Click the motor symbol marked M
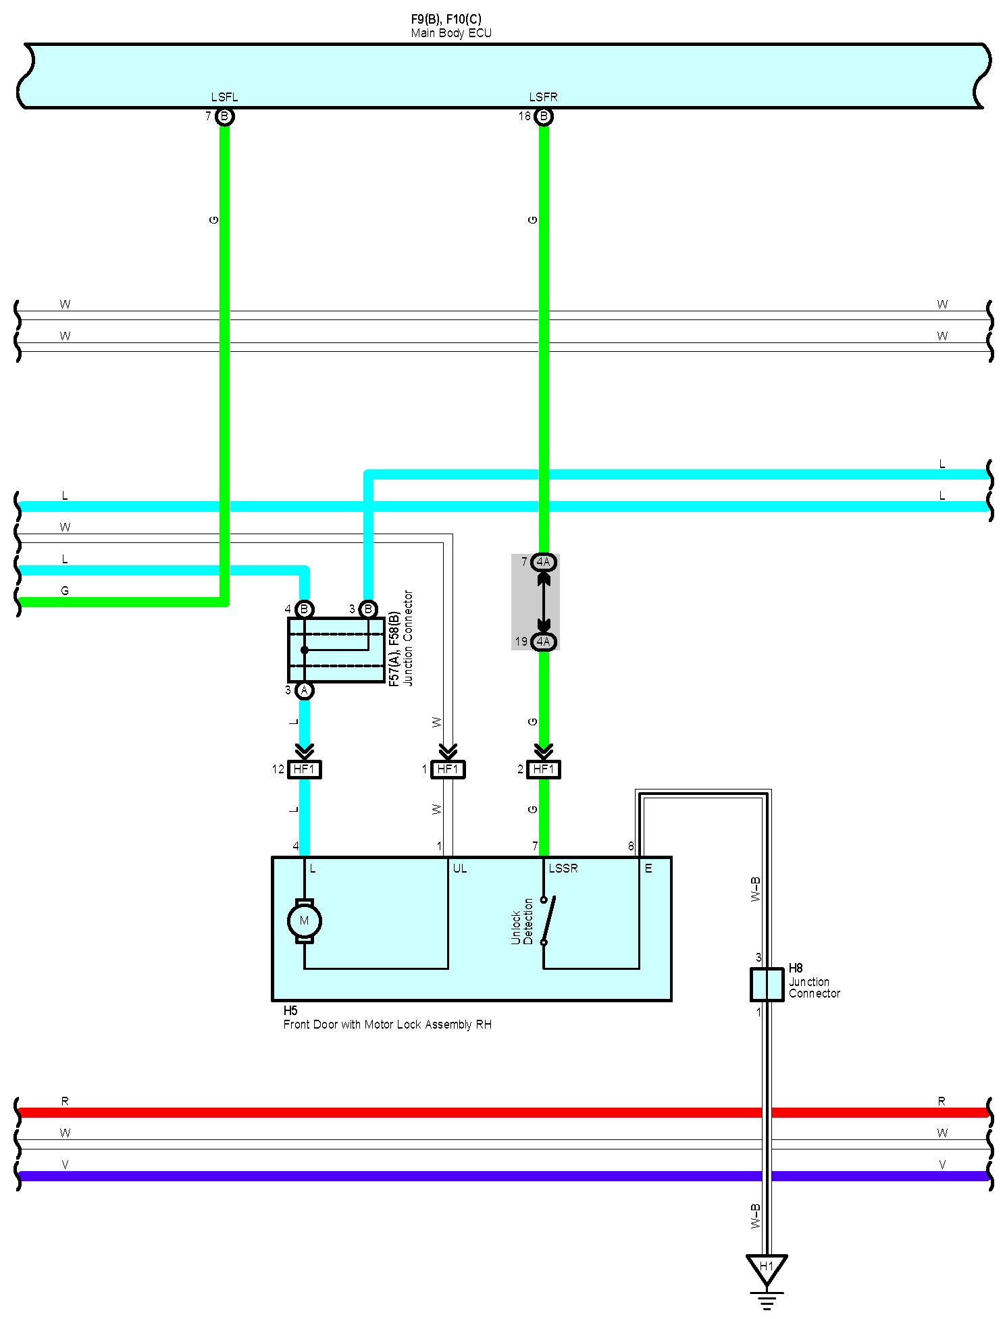pos(304,921)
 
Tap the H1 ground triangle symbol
pos(766,1268)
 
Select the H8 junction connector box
pos(767,984)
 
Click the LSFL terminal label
pos(224,97)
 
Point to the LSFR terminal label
pos(543,97)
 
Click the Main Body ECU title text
pos(451,33)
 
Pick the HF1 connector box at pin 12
pos(304,769)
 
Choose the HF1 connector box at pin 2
pos(543,769)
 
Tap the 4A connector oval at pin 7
pos(543,562)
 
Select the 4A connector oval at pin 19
pos(543,642)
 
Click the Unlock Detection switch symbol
pos(547,919)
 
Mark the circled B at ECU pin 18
pos(543,117)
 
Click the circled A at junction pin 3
pos(305,690)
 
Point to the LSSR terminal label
pos(563,869)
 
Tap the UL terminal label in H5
pos(459,869)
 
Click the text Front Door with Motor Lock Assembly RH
pos(387,1025)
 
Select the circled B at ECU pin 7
pos(224,117)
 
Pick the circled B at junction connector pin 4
pos(305,609)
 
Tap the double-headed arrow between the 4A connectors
pos(543,602)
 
